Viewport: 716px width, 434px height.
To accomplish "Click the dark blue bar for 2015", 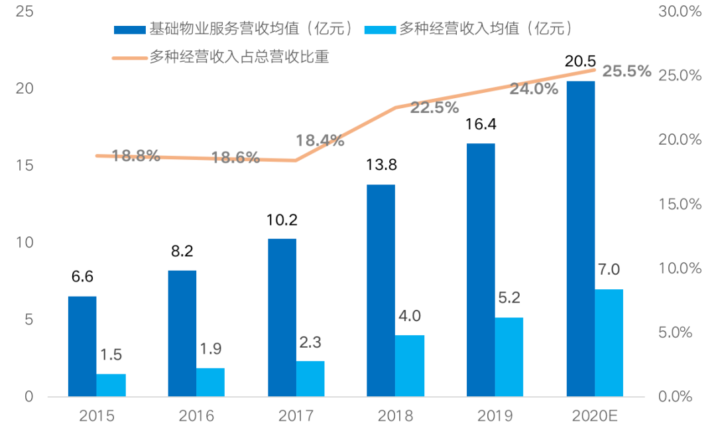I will [x=82, y=346].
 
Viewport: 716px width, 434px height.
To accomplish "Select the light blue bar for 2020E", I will [x=609, y=343].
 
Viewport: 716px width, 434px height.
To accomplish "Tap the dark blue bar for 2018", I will [x=381, y=291].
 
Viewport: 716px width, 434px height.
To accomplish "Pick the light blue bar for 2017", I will [x=310, y=379].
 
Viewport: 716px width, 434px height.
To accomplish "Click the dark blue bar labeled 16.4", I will [x=481, y=270].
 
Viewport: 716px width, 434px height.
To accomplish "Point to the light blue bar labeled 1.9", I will [x=210, y=382].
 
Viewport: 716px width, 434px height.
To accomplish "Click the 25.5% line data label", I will [x=626, y=72].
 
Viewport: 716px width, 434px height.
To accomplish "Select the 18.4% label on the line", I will [x=320, y=141].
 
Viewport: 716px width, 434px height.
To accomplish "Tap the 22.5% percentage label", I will [x=434, y=108].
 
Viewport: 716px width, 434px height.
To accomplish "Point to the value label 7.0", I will [x=609, y=269].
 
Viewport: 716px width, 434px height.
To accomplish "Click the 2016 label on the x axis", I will [x=196, y=416].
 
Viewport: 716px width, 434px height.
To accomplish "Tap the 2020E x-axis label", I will [x=595, y=416].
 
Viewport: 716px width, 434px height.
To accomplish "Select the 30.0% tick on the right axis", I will [x=679, y=11].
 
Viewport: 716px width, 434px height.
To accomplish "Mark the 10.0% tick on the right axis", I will [x=679, y=268].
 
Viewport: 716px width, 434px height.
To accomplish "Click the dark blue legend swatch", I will [x=129, y=29].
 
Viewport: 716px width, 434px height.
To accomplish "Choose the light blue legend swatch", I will [x=379, y=29].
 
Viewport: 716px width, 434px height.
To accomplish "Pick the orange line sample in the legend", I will [x=129, y=58].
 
